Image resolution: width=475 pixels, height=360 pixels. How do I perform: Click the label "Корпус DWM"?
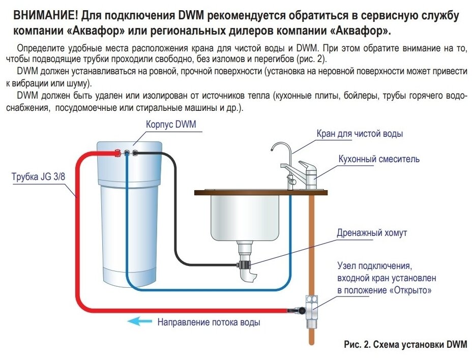(x=171, y=125)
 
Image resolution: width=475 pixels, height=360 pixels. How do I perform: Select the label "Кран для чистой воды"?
(x=360, y=134)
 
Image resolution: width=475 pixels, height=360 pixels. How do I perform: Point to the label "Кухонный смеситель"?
(x=379, y=159)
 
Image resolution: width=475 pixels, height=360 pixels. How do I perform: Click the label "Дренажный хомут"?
(x=372, y=233)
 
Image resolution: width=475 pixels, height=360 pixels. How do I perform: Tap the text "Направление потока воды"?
(x=209, y=322)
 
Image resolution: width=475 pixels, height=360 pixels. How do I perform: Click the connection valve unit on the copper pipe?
(x=311, y=305)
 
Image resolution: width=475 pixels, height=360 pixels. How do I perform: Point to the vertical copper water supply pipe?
(x=311, y=239)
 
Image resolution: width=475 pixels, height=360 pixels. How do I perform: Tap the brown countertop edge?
(x=259, y=193)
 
